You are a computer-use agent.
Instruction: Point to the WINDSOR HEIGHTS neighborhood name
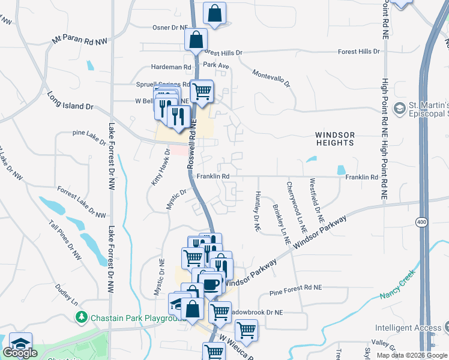[x=334, y=139]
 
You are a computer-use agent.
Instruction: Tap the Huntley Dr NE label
[x=257, y=211]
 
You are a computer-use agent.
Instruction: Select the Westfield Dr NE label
[x=316, y=199]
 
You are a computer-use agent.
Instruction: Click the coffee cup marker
[x=211, y=283]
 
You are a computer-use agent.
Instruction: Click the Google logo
[x=20, y=352]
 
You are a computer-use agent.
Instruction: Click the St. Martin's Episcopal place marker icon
[x=399, y=109]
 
